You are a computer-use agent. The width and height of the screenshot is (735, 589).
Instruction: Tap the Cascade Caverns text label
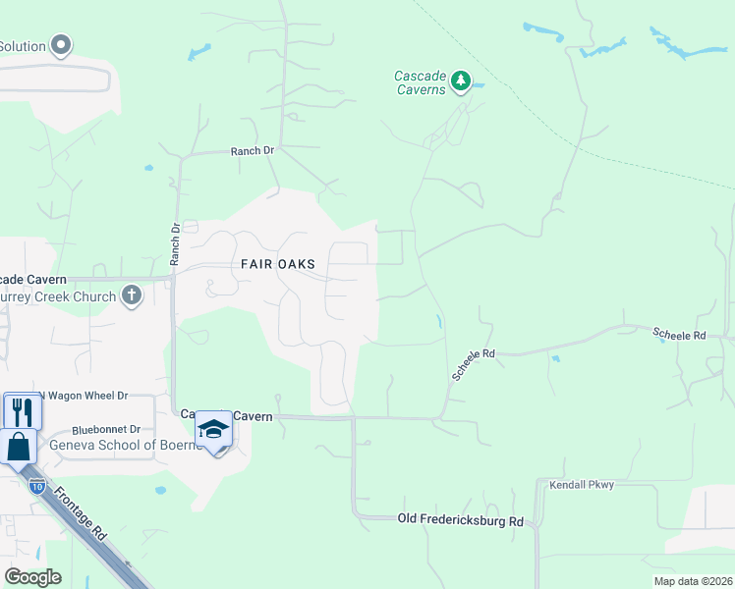pos(420,82)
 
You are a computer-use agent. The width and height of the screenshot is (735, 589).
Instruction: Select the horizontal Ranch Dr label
pos(252,151)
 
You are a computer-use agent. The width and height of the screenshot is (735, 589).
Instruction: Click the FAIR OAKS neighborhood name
pos(278,264)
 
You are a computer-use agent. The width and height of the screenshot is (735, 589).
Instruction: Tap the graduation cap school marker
pos(213,429)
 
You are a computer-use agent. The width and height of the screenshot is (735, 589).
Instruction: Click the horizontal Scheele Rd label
pos(679,336)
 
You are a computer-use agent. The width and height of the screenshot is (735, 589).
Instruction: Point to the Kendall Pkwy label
pos(580,485)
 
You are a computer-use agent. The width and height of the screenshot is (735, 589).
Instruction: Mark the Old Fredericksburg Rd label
pos(460,519)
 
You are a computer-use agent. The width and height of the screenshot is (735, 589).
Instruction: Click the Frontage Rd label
pos(81,515)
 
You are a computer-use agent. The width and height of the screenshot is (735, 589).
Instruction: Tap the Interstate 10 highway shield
pos(35,486)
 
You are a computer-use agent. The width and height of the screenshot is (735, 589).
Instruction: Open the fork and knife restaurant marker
pos(22,411)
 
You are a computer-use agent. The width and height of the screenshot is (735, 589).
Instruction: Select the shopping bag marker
pos(19,447)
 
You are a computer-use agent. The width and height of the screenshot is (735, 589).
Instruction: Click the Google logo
pos(32,576)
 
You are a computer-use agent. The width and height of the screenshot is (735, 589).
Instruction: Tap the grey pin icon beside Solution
pos(61,45)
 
